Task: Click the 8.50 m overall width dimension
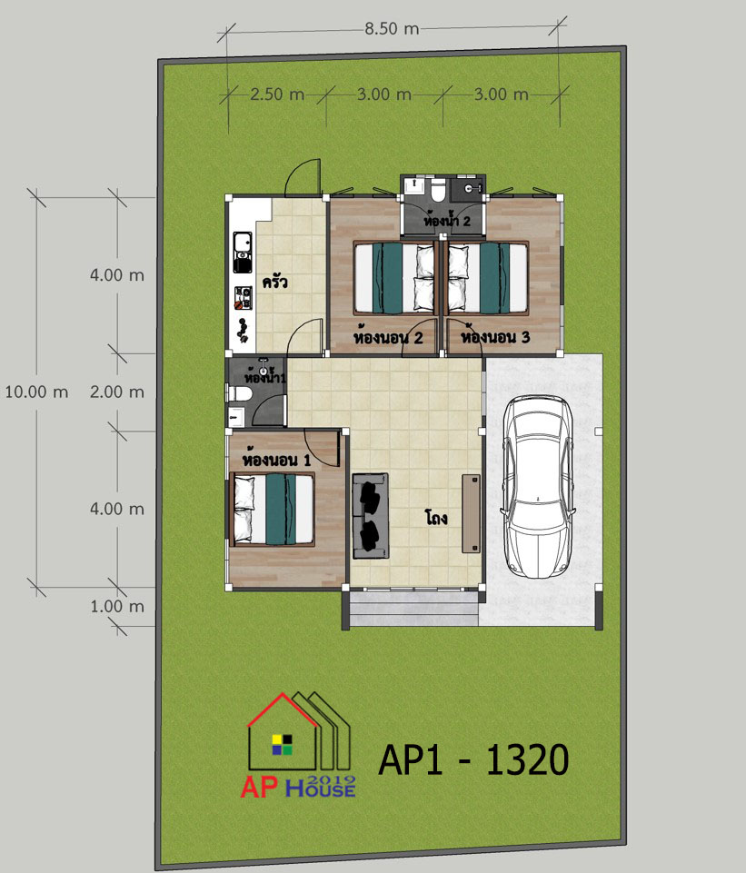392,28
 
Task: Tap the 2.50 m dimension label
277,94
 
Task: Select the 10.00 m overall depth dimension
36,392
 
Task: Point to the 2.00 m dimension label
117,392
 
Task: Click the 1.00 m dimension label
117,606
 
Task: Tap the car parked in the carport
537,486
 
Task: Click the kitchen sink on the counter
243,253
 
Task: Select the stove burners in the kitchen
243,298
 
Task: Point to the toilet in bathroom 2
438,189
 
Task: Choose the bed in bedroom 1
273,509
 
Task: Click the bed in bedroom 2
394,277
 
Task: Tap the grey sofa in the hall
370,516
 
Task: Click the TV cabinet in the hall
471,513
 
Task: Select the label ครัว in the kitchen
275,282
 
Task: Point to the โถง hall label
436,519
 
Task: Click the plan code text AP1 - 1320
473,759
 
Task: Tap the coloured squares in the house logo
283,745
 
